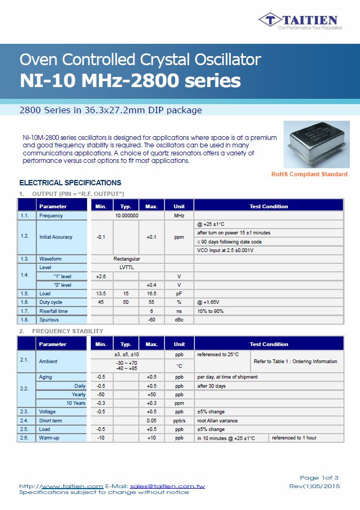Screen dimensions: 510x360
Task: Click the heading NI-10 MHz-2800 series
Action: click(130, 81)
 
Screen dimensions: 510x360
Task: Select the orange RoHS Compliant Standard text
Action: click(309, 174)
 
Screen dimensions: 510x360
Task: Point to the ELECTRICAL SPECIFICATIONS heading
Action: click(71, 183)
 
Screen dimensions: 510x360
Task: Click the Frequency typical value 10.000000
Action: click(127, 216)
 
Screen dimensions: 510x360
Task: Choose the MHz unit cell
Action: click(179, 216)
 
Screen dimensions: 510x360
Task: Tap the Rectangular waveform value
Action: click(127, 259)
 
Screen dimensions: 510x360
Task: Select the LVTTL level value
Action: click(127, 268)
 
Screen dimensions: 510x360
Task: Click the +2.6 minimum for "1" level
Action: click(100, 277)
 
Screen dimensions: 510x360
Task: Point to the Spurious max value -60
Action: click(151, 320)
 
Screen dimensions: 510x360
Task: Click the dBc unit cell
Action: click(179, 320)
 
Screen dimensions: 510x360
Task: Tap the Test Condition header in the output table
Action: click(269, 206)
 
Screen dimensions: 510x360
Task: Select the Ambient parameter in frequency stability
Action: click(48, 362)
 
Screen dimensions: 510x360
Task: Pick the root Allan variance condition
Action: click(218, 421)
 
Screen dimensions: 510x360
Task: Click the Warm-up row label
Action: click(50, 438)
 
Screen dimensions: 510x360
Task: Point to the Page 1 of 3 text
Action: click(319, 477)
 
